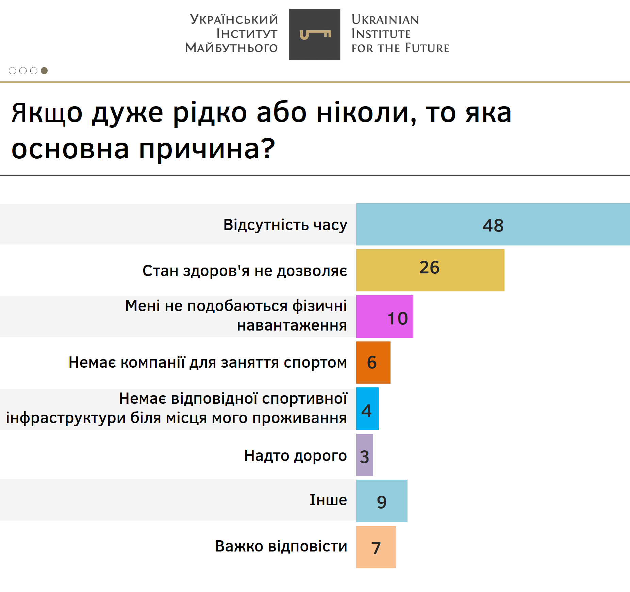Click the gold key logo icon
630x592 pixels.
[x=315, y=34]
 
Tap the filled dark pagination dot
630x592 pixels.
[x=44, y=70]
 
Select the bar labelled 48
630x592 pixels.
[x=493, y=224]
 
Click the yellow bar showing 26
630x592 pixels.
[x=430, y=270]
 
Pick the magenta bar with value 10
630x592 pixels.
[x=385, y=316]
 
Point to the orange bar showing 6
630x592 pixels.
[x=373, y=363]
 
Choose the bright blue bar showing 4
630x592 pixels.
[x=367, y=409]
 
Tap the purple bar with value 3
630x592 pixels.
[x=365, y=455]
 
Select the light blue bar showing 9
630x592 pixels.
[x=382, y=501]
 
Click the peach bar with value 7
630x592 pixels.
[x=376, y=547]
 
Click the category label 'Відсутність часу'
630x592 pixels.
[x=285, y=225]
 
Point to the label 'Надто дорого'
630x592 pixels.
[x=296, y=456]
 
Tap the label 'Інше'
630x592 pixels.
[x=328, y=500]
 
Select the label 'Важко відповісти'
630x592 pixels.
[x=281, y=546]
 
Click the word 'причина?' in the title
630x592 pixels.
[x=207, y=149]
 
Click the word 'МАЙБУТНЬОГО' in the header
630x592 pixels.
[x=231, y=47]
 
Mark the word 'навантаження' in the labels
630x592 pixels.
[x=292, y=325]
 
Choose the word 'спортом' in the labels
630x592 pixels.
[x=315, y=363]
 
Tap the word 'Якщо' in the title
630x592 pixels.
[x=47, y=113]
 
